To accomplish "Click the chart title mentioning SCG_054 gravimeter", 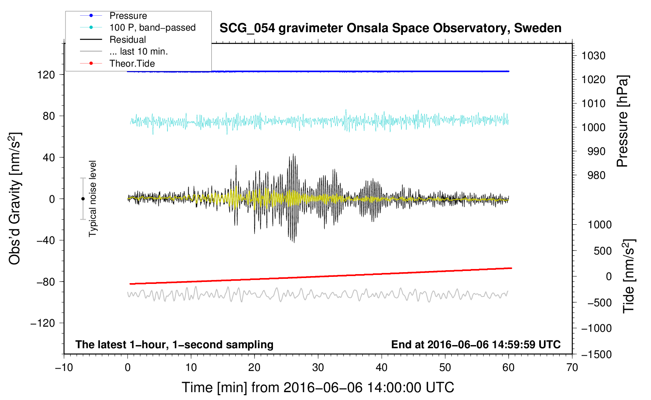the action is [x=390, y=28].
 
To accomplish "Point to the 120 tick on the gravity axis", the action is [x=46, y=75].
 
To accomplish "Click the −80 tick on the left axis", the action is [x=45, y=282].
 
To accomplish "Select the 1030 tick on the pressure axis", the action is [x=593, y=56].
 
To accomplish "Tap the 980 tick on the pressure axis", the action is [x=596, y=175].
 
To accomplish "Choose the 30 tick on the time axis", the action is [x=318, y=368].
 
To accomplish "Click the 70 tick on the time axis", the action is [x=572, y=368].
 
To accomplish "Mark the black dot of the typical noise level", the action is [x=83, y=199].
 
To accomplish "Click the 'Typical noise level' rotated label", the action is [x=93, y=199].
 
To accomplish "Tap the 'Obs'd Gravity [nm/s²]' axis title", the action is [x=15, y=199].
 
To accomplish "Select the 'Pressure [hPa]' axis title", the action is [x=622, y=121].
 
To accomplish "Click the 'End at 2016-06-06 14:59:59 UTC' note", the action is [x=476, y=344].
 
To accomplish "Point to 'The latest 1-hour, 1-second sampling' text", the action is [x=175, y=345].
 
